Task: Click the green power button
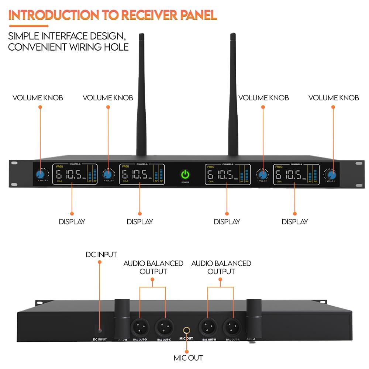[185, 174]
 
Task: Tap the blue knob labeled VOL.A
[40, 174]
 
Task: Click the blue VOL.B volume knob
[108, 174]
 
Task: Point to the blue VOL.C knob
[262, 174]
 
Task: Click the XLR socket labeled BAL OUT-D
[140, 326]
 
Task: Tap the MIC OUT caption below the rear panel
[188, 358]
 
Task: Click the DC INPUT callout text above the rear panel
[101, 255]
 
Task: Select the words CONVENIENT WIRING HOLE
[68, 47]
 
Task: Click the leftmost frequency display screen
[75, 174]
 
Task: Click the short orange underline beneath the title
[28, 26]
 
